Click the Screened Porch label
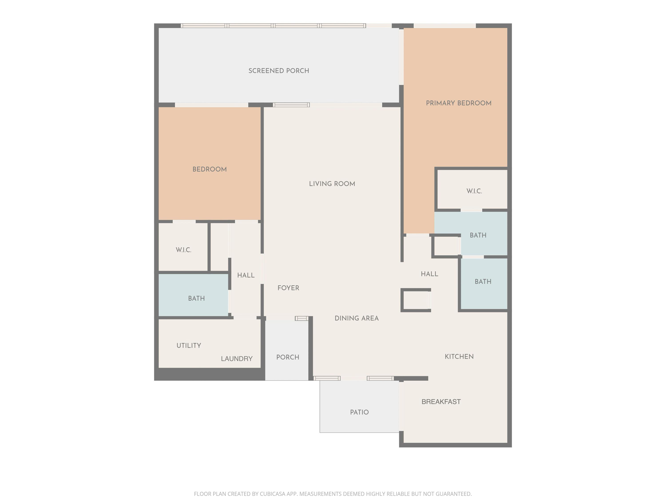pyautogui.click(x=279, y=71)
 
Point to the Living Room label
pyautogui.click(x=332, y=184)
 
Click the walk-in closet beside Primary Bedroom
pyautogui.click(x=474, y=191)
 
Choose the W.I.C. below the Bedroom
pyautogui.click(x=183, y=250)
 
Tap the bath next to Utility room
pyautogui.click(x=196, y=298)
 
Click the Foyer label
pyautogui.click(x=288, y=288)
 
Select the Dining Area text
pyautogui.click(x=357, y=318)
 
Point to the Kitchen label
pyautogui.click(x=459, y=356)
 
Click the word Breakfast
pyautogui.click(x=441, y=402)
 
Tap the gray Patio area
pyautogui.click(x=359, y=412)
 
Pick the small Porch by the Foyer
pyautogui.click(x=287, y=357)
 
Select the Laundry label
pyautogui.click(x=237, y=359)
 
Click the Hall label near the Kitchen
pyautogui.click(x=429, y=274)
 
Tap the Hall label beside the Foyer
pyautogui.click(x=246, y=275)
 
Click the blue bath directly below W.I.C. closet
pyautogui.click(x=478, y=235)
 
